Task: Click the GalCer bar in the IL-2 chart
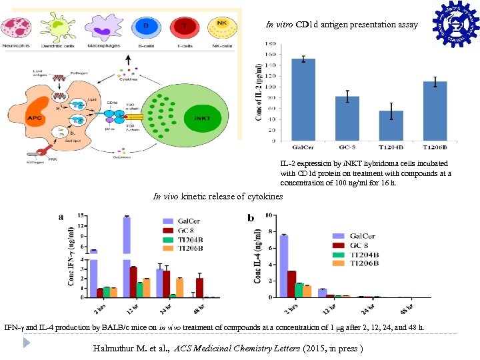(303, 100)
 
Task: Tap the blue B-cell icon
(145, 27)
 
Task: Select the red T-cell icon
(184, 27)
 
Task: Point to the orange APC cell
(33, 119)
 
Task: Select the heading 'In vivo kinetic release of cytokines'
(218, 197)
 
